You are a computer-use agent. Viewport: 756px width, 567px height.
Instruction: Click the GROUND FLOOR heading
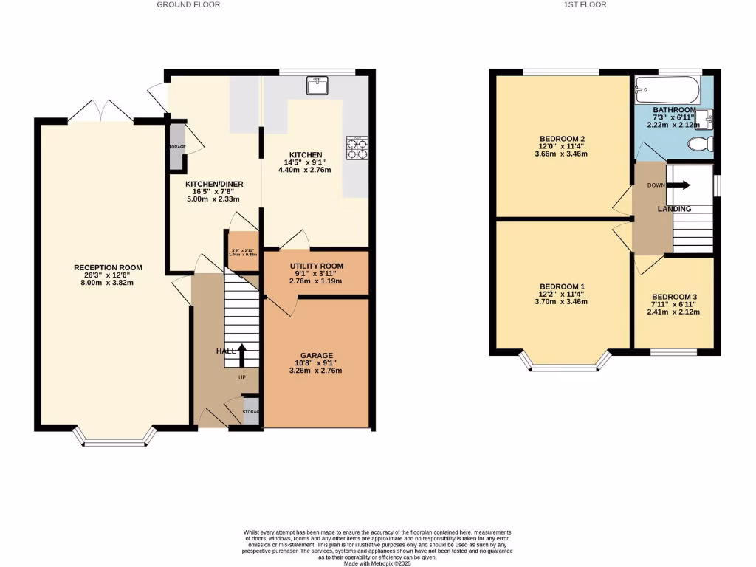pos(188,4)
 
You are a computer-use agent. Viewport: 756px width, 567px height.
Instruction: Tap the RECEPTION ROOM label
pos(108,267)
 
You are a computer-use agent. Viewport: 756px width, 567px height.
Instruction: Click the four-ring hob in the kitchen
pos(357,148)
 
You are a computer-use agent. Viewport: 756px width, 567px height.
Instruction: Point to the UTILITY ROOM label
pos(316,266)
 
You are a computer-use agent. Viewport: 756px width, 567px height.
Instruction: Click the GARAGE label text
pos(316,355)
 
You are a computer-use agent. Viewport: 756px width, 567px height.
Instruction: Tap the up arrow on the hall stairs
pos(241,355)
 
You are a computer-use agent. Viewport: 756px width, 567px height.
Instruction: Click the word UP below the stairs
pos(241,377)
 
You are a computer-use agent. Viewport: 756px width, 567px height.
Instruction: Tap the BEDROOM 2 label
pos(562,139)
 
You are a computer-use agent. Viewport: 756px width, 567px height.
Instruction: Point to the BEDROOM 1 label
pos(562,286)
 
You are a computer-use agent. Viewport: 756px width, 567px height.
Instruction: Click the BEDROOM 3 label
pos(674,297)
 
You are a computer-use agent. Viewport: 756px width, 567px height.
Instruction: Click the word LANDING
pos(675,209)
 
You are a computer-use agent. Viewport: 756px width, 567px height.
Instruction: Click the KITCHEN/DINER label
pos(213,185)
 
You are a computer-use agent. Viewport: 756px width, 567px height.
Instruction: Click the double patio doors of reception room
pos(100,111)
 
